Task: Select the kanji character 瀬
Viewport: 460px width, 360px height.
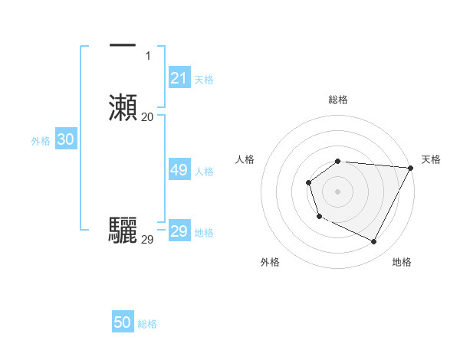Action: (x=123, y=107)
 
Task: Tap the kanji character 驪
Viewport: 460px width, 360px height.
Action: (x=123, y=230)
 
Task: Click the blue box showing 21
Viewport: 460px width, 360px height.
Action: (x=179, y=77)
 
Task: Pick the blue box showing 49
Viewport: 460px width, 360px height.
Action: (x=179, y=170)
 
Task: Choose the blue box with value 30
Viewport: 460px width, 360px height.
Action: (x=65, y=139)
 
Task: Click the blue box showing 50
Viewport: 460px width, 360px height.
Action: (x=123, y=322)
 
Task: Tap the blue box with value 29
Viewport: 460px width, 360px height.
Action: (x=179, y=231)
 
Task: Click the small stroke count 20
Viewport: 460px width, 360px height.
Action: (x=148, y=116)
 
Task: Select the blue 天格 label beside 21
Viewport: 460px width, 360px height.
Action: (x=204, y=79)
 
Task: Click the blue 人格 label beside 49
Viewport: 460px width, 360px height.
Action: (x=204, y=172)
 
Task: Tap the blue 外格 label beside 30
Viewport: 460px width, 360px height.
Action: (x=40, y=141)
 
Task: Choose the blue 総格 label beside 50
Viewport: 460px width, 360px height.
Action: (x=147, y=324)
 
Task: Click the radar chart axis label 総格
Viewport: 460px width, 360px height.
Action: (x=338, y=100)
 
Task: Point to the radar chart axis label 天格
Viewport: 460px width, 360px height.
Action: (x=431, y=159)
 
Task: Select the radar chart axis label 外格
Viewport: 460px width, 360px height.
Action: (x=270, y=262)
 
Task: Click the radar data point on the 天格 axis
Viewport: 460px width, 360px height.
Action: (x=410, y=168)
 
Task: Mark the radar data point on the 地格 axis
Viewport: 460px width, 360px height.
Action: (x=374, y=242)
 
